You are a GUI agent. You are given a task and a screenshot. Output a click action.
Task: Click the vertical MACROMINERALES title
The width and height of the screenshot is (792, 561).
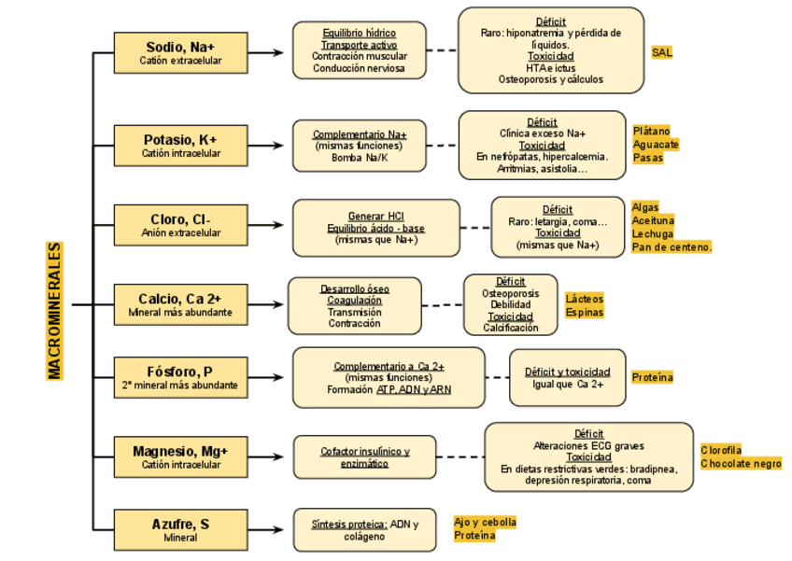[55, 311]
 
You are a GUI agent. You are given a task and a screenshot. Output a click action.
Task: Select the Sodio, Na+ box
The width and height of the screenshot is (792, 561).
[180, 53]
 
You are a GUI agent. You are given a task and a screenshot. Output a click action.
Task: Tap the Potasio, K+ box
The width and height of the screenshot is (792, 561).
[180, 146]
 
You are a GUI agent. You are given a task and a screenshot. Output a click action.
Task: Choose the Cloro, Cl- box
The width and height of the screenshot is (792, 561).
[180, 225]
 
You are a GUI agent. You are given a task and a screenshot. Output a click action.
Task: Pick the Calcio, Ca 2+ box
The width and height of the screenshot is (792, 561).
[180, 304]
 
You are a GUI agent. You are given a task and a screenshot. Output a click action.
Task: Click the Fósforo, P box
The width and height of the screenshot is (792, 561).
[180, 377]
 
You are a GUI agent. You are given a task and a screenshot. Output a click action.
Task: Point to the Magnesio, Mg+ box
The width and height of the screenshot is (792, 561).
[180, 456]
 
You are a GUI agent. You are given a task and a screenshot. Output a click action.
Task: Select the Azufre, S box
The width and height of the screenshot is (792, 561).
[180, 529]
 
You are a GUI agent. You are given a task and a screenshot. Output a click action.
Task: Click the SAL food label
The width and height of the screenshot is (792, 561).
[662, 52]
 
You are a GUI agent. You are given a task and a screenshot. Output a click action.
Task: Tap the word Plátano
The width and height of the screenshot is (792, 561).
[651, 132]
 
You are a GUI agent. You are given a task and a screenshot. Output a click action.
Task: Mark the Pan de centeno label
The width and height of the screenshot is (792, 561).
[672, 247]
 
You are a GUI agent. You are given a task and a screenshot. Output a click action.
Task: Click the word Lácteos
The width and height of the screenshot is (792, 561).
[585, 299]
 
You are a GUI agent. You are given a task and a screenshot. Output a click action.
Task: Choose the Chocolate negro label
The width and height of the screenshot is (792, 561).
[741, 464]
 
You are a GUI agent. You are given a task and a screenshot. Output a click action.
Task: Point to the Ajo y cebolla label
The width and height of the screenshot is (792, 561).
[485, 523]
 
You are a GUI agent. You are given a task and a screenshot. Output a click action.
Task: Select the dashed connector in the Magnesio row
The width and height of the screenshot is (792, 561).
[460, 456]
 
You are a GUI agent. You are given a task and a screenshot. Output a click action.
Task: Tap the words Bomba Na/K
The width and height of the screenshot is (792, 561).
[360, 158]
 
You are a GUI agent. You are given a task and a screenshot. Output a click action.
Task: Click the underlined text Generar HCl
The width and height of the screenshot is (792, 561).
[375, 216]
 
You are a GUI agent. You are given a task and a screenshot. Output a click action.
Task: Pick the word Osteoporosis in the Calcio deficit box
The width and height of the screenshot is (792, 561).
[510, 293]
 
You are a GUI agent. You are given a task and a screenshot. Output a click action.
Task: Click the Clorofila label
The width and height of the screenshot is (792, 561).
[721, 450]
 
